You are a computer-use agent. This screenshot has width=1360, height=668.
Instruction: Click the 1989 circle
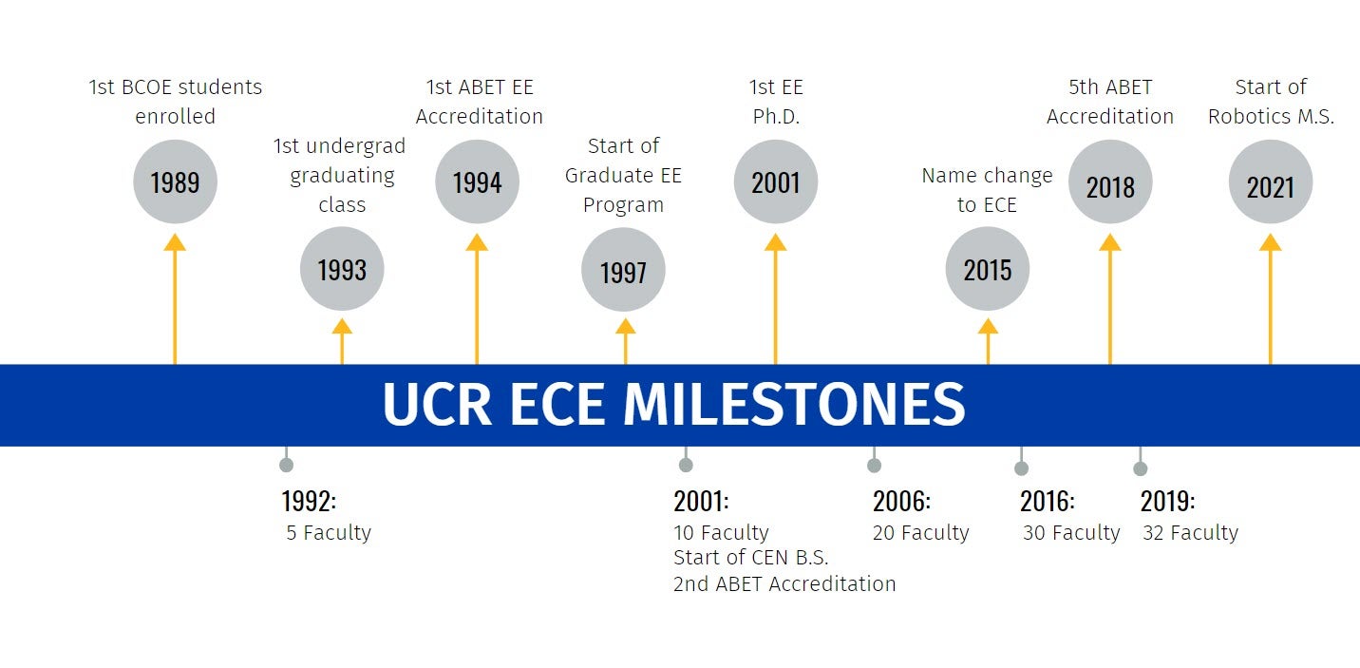pos(175,181)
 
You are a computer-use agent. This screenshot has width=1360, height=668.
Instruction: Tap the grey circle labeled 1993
pos(342,269)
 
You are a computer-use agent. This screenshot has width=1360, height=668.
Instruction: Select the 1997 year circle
pos(623,271)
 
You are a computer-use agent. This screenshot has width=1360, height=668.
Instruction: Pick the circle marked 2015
pos(988,269)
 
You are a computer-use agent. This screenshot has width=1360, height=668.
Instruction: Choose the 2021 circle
pos(1271,182)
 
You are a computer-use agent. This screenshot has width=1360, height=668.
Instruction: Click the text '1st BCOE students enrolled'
pos(175,102)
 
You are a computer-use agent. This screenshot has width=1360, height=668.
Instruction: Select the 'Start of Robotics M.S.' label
pos(1271,102)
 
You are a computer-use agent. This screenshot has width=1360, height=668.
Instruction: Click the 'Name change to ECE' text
pos(988,190)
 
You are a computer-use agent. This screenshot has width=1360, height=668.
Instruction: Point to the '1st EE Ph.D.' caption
pos(776,102)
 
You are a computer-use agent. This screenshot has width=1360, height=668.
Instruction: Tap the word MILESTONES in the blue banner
pos(794,405)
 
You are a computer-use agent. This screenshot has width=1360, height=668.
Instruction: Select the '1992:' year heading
pos(309,501)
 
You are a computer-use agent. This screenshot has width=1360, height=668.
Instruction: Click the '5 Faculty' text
pos(329,533)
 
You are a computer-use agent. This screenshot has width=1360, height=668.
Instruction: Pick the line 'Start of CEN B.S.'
pos(750,558)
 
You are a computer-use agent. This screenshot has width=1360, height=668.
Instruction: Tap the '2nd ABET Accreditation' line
pos(784,583)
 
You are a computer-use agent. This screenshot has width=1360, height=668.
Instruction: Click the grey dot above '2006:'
pos(874,465)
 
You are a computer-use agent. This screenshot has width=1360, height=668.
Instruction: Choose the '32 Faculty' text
pos(1190,533)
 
